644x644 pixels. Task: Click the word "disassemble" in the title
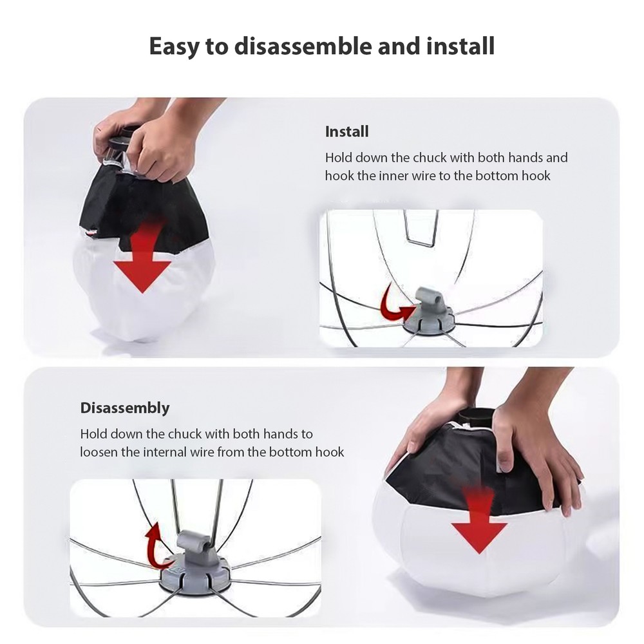307,46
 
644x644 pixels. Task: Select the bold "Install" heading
346,132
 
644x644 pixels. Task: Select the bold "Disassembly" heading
125,408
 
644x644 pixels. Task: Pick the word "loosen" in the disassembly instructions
99,452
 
